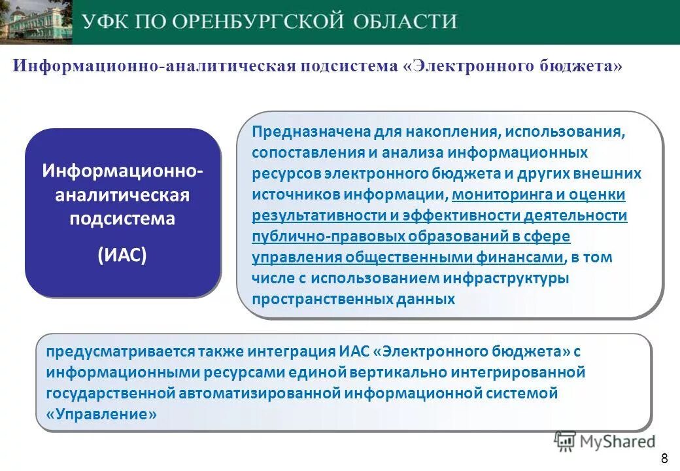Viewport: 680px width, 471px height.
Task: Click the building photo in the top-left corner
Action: tap(35, 22)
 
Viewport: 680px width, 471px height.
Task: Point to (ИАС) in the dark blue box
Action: tap(122, 254)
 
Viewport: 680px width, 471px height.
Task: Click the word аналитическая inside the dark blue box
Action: tap(122, 195)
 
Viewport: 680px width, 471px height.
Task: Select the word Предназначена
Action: tap(311, 133)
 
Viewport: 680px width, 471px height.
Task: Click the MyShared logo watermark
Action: tap(605, 442)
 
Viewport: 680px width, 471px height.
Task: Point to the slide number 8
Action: tap(665, 457)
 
